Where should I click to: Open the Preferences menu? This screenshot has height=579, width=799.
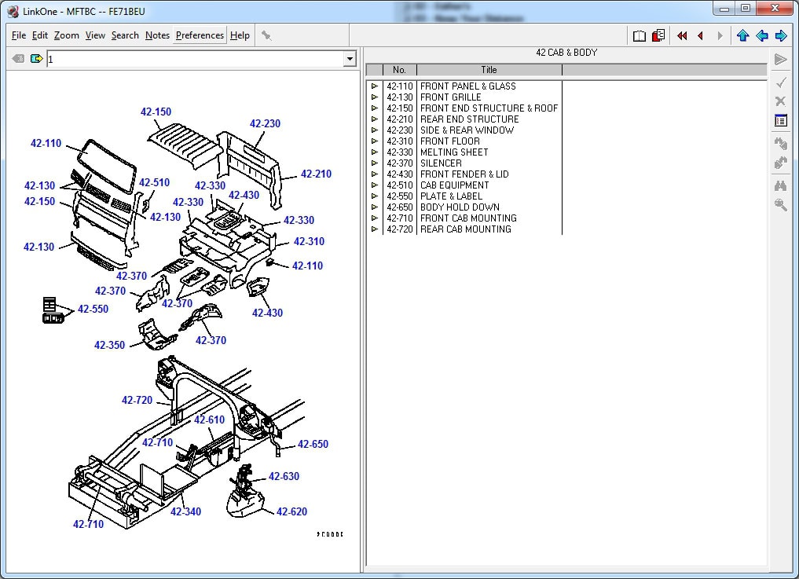coord(200,35)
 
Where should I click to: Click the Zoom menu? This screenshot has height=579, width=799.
coord(67,35)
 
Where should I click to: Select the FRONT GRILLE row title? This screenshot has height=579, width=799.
coord(451,97)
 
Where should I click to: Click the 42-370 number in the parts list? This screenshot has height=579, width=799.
coord(399,163)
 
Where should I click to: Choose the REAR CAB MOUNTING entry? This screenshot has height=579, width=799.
coord(465,229)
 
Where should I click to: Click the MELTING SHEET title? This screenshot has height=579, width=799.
coord(454,152)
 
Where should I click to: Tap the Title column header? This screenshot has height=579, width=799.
coord(489,70)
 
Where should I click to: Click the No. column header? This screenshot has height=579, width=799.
coord(399,70)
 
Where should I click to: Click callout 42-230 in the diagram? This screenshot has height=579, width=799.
coord(265,123)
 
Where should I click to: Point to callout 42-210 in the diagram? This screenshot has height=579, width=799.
coord(316,174)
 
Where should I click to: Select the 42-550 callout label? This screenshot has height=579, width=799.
coord(93,309)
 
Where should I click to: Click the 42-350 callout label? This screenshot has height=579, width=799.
coord(109,345)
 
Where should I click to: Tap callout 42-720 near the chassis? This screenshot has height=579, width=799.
coord(137,400)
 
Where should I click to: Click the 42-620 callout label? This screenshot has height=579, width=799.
coord(291,511)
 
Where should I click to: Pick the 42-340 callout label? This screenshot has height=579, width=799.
coord(185,511)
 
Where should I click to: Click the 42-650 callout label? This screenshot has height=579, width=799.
coord(313,444)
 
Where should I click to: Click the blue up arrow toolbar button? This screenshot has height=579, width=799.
coord(742,35)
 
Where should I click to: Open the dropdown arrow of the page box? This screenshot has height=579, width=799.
coord(350,59)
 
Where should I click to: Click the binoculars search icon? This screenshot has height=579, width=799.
coord(780,186)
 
